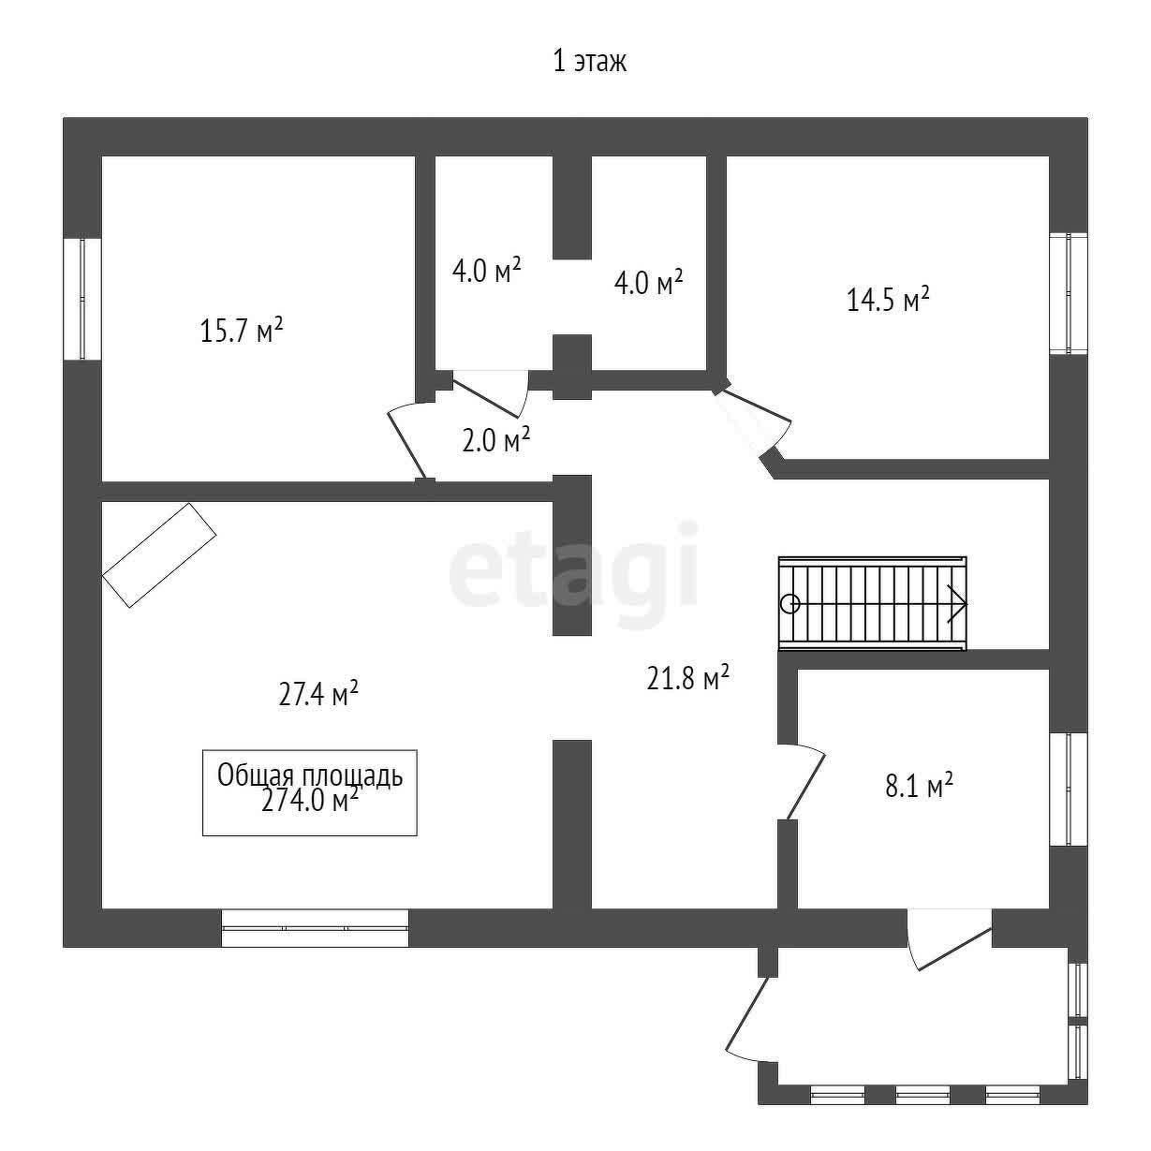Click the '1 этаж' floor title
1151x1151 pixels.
tap(589, 62)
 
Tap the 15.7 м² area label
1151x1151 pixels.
tap(242, 331)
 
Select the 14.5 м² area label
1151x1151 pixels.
tap(888, 300)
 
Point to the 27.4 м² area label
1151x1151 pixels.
tap(318, 693)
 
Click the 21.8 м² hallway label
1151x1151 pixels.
tap(687, 678)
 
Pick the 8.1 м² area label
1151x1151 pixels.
tap(919, 787)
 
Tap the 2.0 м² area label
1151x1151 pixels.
tap(496, 441)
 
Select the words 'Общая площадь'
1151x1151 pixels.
tap(310, 775)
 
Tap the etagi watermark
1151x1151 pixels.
tap(573, 575)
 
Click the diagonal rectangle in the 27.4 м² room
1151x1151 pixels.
tap(159, 554)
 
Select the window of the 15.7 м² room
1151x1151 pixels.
tap(81, 299)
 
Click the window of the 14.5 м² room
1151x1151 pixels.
tap(1069, 293)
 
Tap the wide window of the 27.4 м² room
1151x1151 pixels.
tap(315, 928)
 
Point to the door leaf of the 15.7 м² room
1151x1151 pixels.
tap(406, 445)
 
